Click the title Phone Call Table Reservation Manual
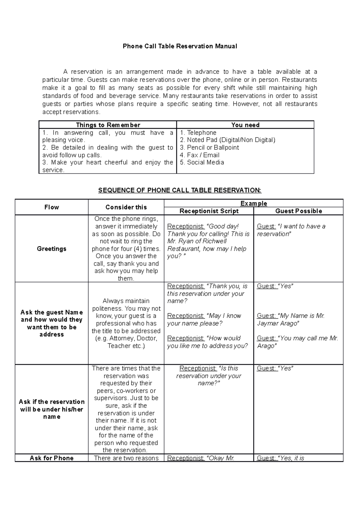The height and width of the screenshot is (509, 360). point(180,46)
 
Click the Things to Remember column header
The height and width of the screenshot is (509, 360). point(108,125)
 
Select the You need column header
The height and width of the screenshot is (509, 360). point(245,125)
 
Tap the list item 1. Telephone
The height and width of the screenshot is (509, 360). point(198,133)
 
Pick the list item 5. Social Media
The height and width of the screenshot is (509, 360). point(202,162)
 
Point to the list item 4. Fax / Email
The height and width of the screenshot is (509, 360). point(199,155)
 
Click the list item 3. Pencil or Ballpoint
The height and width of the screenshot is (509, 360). point(209,148)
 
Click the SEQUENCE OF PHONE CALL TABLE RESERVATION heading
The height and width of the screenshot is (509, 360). point(180,190)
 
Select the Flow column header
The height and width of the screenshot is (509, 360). point(52,207)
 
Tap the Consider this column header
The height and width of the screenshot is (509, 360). point(126,207)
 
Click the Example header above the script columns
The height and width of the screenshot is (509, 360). point(253,203)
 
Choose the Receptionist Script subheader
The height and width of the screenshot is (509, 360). point(209,211)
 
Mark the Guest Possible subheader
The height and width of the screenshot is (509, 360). point(298,211)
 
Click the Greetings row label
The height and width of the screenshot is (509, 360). point(52,248)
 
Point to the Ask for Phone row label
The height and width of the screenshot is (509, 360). point(52,458)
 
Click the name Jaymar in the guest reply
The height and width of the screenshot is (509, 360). point(266,324)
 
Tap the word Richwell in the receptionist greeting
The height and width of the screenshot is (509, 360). point(214,241)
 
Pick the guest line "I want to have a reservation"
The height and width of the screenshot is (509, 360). point(291,230)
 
